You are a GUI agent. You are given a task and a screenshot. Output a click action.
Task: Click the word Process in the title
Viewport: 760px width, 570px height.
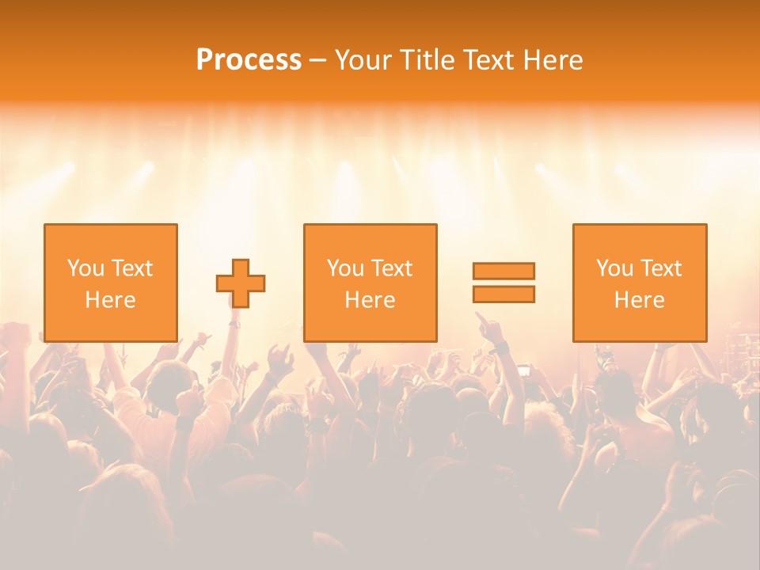249,60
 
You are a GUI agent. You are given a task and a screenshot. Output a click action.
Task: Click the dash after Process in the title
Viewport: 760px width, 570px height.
317,61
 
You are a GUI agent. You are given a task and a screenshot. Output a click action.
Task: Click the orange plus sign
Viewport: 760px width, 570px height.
241,283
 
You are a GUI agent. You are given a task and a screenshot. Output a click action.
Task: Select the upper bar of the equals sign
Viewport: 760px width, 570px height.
503,271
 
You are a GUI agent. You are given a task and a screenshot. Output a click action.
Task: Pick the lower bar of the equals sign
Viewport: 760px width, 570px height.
503,294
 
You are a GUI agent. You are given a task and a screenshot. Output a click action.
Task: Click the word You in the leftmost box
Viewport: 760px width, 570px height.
85,268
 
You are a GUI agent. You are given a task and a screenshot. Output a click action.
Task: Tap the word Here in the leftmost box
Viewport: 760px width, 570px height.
110,300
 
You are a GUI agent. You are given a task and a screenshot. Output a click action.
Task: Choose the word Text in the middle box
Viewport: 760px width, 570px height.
391,268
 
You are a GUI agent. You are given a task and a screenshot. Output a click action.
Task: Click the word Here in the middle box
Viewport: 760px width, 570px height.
370,300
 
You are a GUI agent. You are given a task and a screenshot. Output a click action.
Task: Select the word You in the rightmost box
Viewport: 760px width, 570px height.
614,268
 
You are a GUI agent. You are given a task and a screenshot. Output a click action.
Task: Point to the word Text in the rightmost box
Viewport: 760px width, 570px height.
660,268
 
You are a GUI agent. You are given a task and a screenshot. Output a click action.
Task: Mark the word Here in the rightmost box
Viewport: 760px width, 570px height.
639,300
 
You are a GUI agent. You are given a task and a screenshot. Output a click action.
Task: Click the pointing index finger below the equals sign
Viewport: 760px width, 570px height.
481,320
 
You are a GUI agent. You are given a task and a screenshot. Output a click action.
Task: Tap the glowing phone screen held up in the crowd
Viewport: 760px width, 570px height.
522,370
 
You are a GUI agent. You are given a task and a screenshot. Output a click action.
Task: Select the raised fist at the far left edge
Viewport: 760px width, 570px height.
13,336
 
